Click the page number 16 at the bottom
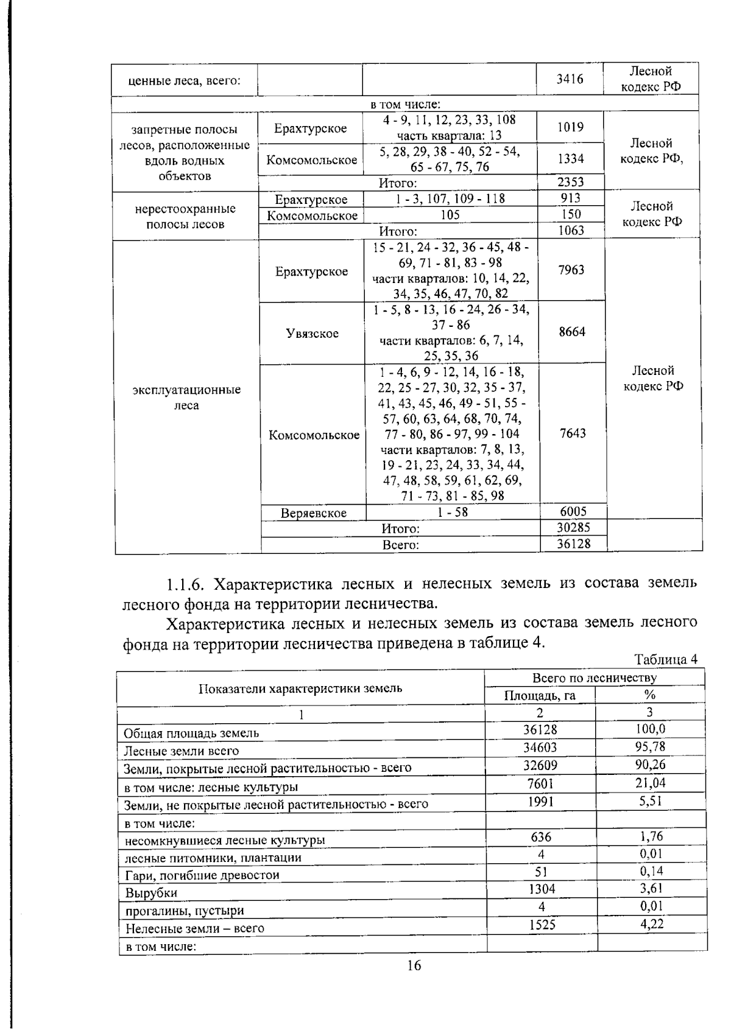coord(414,965)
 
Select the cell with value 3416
coord(570,79)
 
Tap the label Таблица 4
coord(665,660)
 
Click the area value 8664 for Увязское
coord(571,332)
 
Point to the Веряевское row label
coord(313,513)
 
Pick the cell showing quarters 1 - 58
coord(452,512)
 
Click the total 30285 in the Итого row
coord(573,528)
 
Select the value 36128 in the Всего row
coord(573,544)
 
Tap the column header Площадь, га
coord(540,695)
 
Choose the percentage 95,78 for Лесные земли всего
coord(650,747)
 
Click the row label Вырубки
coord(151,893)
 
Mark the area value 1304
coord(540,889)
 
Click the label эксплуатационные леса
coord(186,397)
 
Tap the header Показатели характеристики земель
coord(300,688)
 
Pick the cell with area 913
coord(570,198)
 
